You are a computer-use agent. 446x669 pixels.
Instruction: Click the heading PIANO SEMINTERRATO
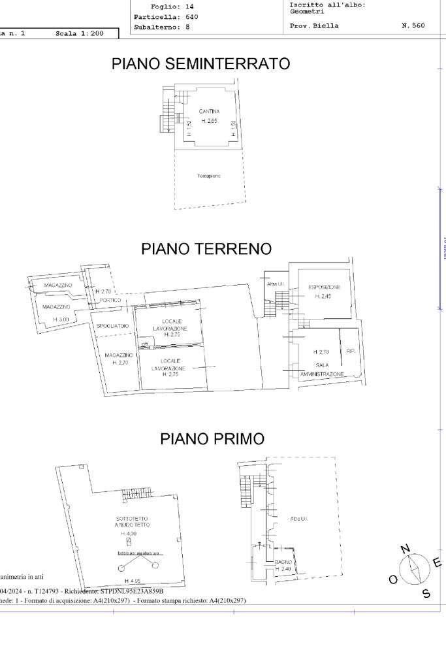(x=201, y=64)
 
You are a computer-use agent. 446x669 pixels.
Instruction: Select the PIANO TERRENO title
(x=206, y=249)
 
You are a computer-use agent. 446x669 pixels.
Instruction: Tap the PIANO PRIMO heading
(x=212, y=439)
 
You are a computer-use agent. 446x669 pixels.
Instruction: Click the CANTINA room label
(x=209, y=112)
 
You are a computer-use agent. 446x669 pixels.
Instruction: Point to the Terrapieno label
(x=209, y=176)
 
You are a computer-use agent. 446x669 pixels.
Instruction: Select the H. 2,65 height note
(x=209, y=121)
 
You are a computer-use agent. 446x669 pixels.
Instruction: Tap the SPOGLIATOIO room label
(x=113, y=326)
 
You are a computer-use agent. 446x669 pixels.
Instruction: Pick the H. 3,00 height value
(x=61, y=319)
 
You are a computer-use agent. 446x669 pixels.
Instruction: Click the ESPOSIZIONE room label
(x=324, y=287)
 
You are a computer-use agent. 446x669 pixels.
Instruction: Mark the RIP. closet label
(x=351, y=351)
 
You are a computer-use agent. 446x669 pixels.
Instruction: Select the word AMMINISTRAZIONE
(x=322, y=374)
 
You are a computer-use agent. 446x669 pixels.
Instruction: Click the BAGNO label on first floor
(x=283, y=562)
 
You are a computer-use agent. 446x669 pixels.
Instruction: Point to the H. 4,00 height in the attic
(x=128, y=534)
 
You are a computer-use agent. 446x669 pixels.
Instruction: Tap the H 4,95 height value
(x=133, y=581)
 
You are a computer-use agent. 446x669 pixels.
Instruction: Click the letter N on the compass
(x=405, y=549)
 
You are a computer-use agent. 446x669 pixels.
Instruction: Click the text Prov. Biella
(x=314, y=26)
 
